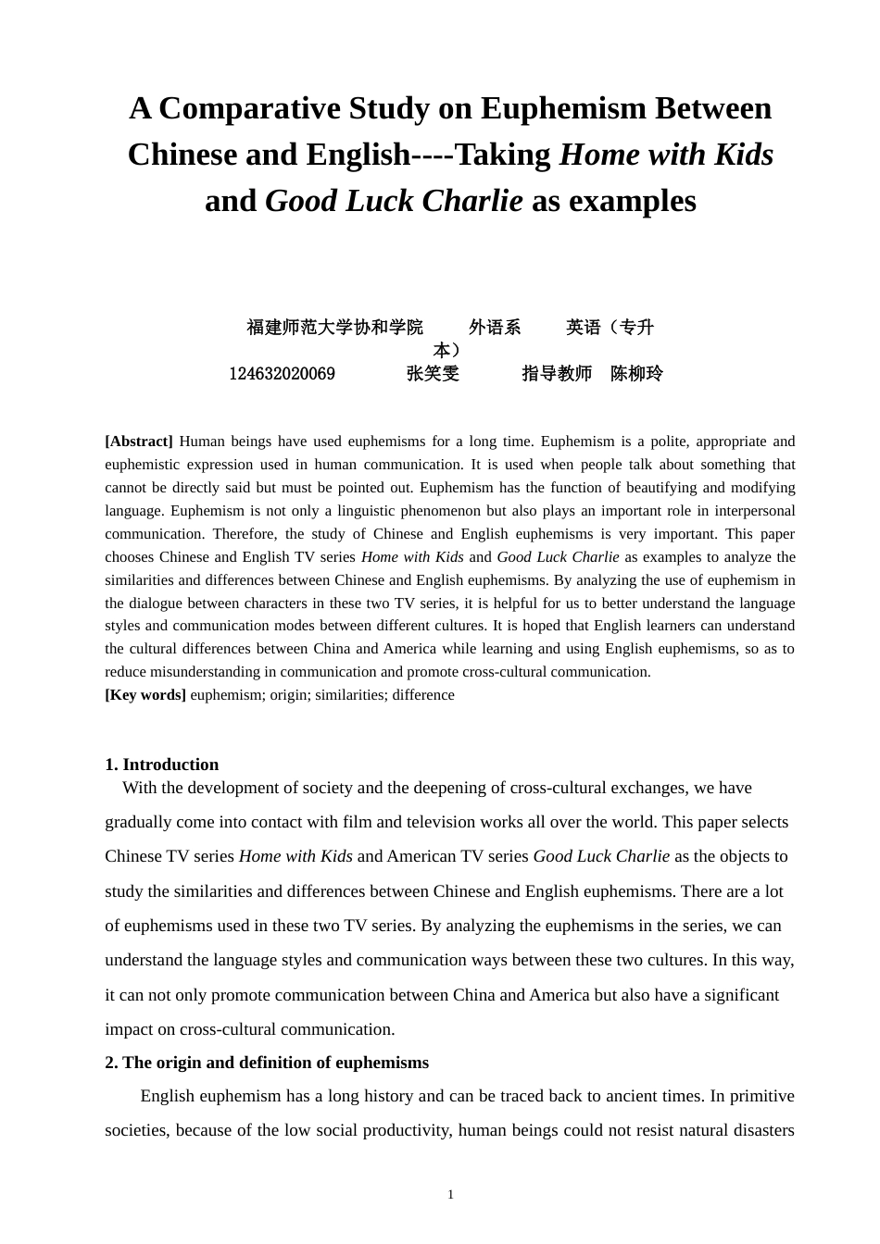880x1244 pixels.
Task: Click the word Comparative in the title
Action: pos(249,109)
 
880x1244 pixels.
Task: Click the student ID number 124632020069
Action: pos(282,374)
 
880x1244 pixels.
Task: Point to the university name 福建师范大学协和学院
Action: pos(334,328)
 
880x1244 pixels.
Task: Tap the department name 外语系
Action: pos(495,328)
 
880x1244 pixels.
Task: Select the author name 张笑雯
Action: pos(433,374)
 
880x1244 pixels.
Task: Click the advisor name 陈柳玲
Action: pos(637,374)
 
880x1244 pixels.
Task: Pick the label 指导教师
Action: pos(557,374)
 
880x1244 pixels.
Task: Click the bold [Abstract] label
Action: pos(139,442)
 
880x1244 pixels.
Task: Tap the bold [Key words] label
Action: pos(145,695)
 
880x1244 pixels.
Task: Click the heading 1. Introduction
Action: pos(162,765)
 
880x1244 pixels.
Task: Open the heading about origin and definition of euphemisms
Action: pos(267,1063)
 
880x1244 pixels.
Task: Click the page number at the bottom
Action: pos(451,1195)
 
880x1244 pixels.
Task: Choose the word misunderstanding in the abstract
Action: pos(207,672)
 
